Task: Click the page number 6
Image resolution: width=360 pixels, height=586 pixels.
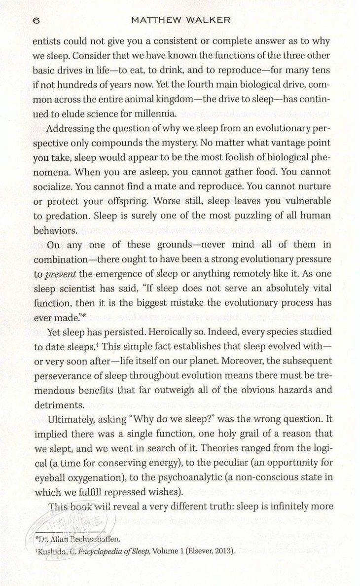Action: (x=36, y=21)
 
